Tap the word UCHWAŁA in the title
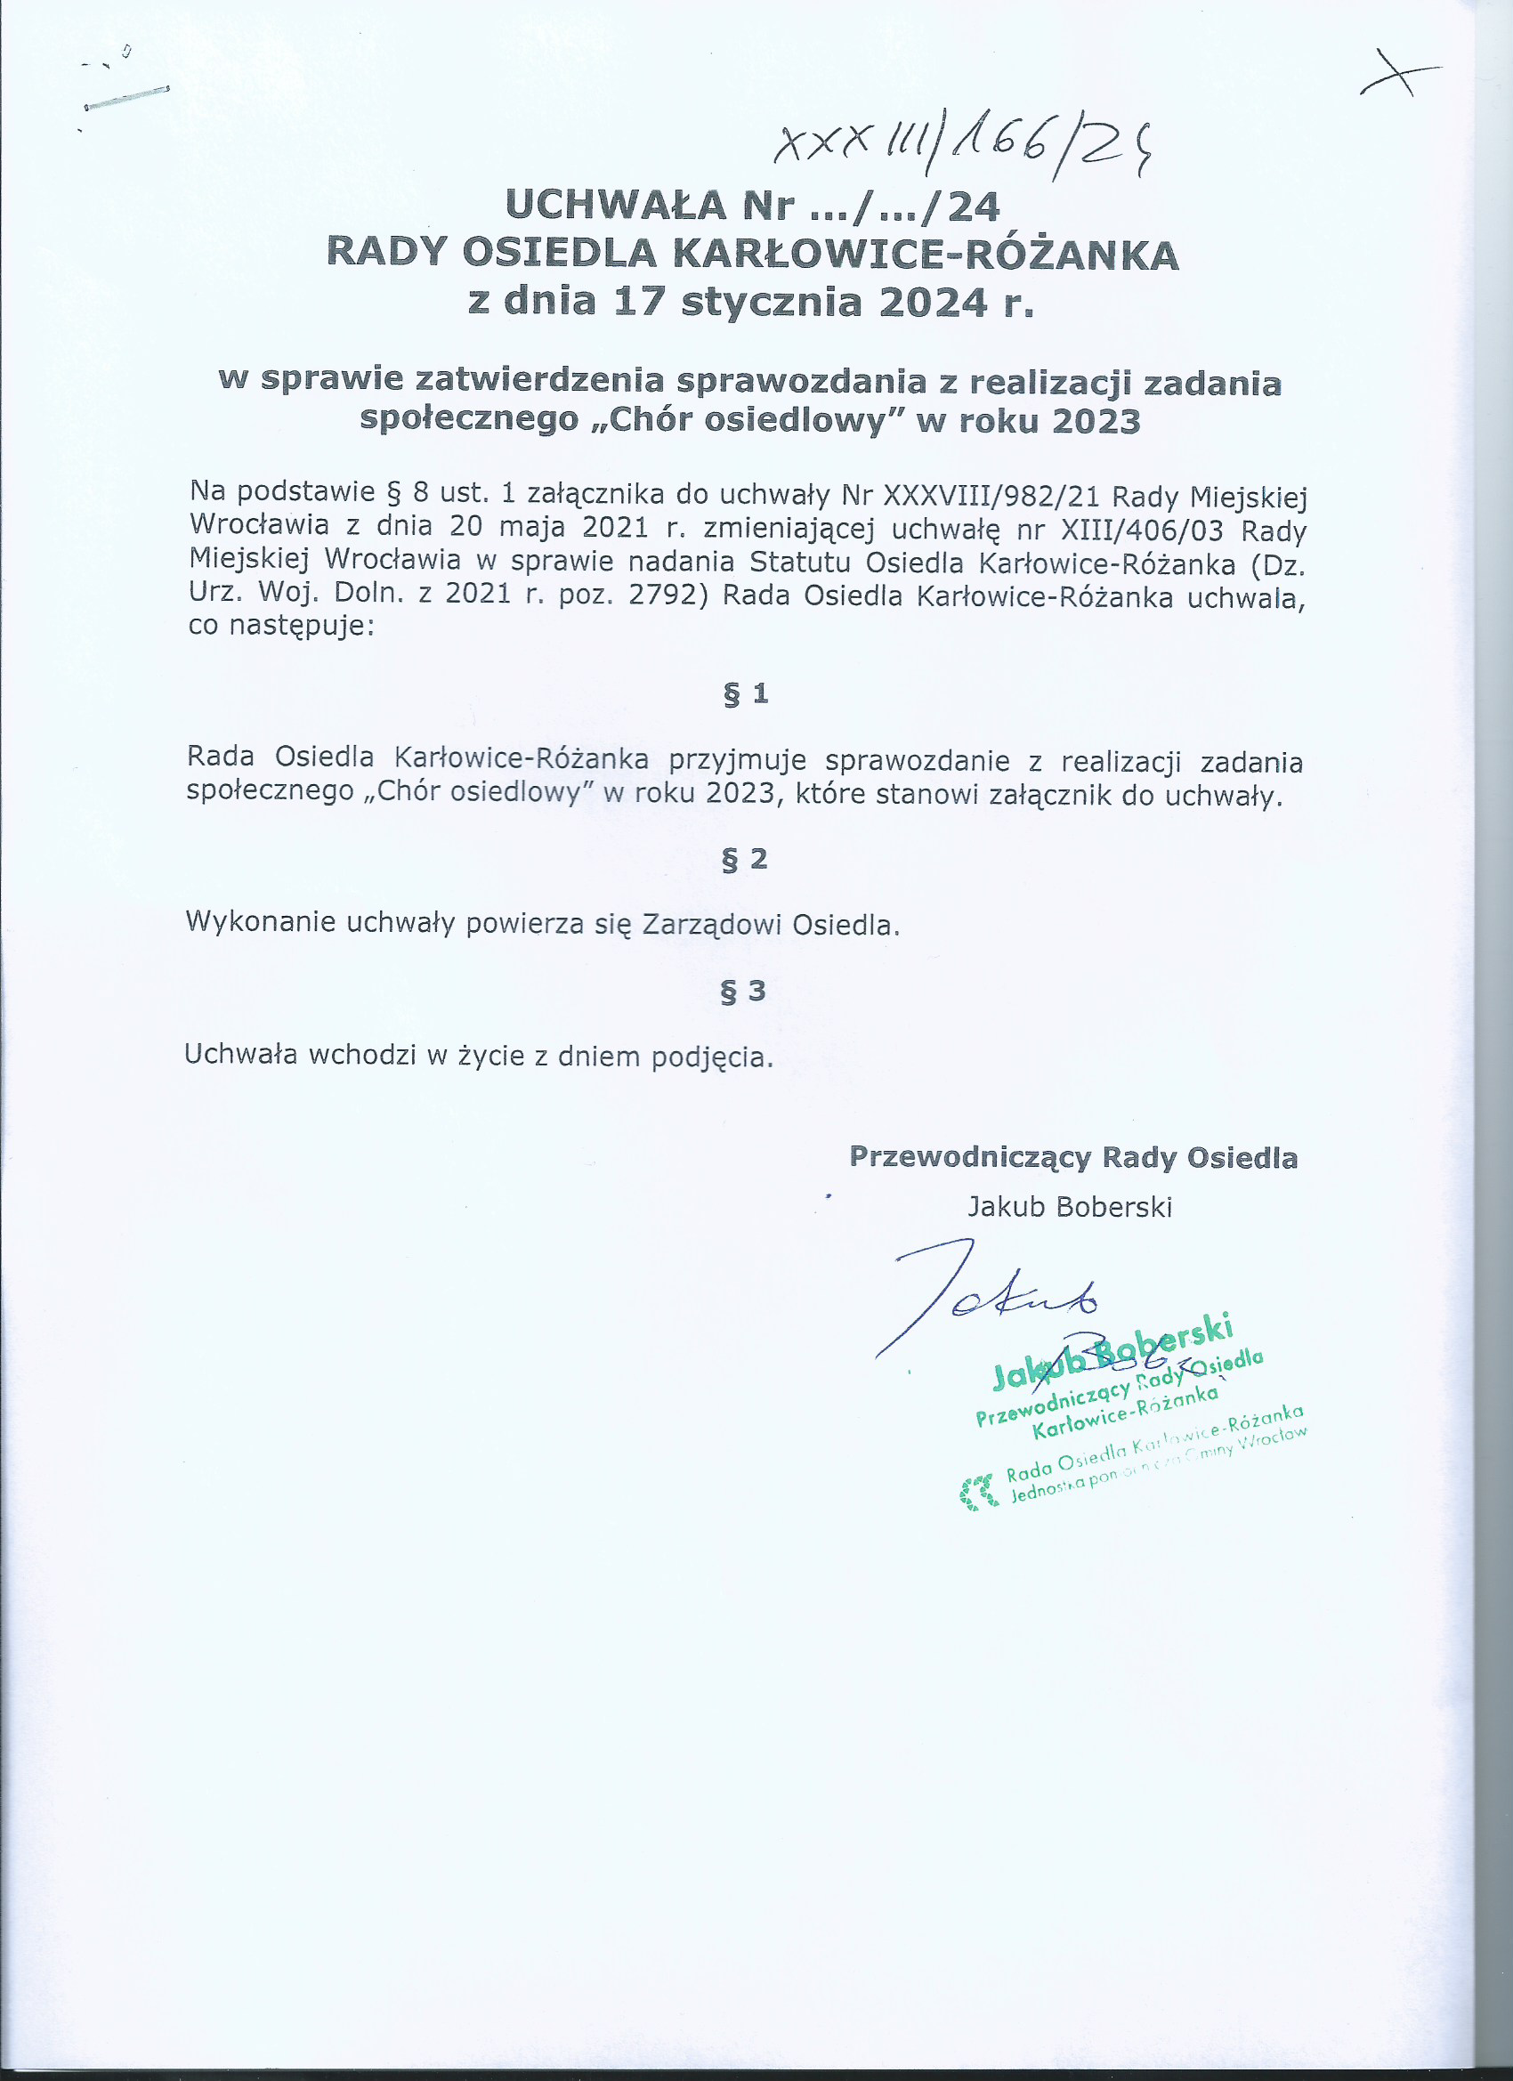pyautogui.click(x=616, y=206)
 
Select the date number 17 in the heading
pyautogui.click(x=639, y=302)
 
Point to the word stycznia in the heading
pyautogui.click(x=772, y=303)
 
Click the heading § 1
pyautogui.click(x=745, y=693)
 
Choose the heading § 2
pyautogui.click(x=744, y=859)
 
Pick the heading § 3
pyautogui.click(x=743, y=991)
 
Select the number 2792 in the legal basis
pyautogui.click(x=667, y=595)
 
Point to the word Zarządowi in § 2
pyautogui.click(x=711, y=924)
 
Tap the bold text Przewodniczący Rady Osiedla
pyautogui.click(x=1072, y=1158)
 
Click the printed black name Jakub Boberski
pyautogui.click(x=1070, y=1207)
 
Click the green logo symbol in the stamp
pyautogui.click(x=977, y=1492)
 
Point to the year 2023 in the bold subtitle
pyautogui.click(x=1096, y=420)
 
